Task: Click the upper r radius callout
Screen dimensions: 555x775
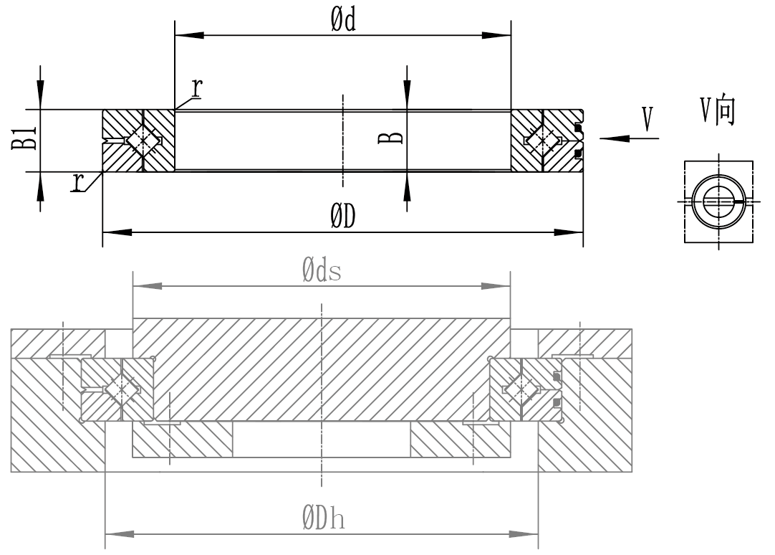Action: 196,87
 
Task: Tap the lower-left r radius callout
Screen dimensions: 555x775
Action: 77,183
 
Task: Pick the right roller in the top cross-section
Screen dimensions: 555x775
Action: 542,141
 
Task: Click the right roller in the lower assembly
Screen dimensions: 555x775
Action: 522,389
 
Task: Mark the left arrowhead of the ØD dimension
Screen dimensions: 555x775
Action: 115,232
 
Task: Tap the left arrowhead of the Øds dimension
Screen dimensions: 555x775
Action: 143,286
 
